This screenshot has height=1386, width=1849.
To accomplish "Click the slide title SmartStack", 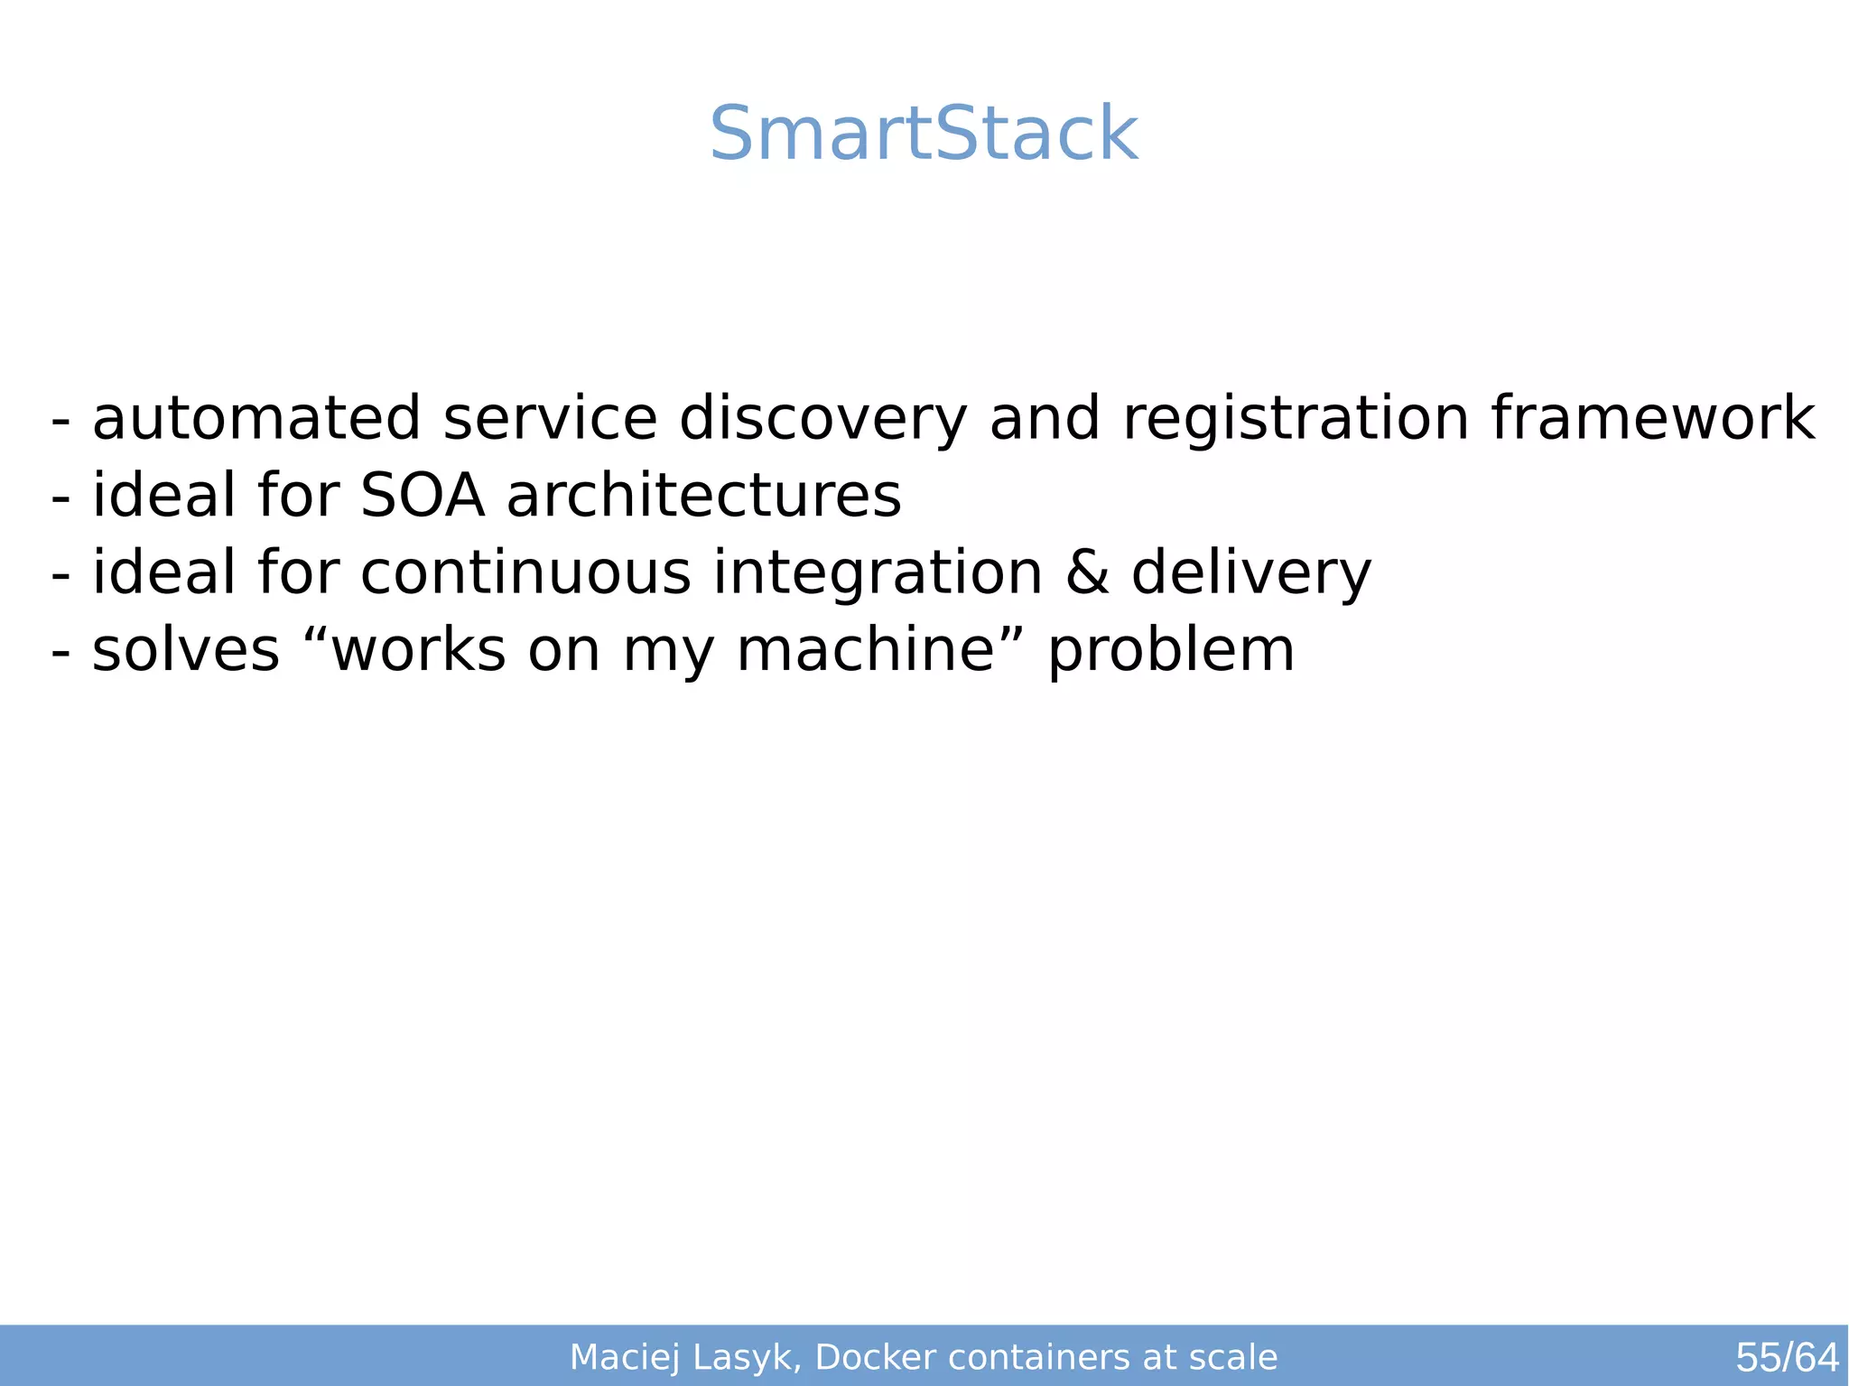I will pos(924,134).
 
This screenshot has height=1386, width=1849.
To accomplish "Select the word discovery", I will pos(822,421).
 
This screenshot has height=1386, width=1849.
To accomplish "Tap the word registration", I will pos(1296,421).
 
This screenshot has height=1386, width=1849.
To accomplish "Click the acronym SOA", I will pos(423,496).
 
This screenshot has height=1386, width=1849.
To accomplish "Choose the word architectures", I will pos(703,496).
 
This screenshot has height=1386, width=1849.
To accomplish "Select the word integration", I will pos(878,575).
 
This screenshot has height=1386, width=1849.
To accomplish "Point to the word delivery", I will pos(1251,575).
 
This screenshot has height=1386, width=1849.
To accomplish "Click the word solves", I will pos(186,650).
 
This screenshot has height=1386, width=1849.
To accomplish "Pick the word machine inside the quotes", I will pos(865,650).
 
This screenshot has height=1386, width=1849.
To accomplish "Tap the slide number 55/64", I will pos(1786,1357).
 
